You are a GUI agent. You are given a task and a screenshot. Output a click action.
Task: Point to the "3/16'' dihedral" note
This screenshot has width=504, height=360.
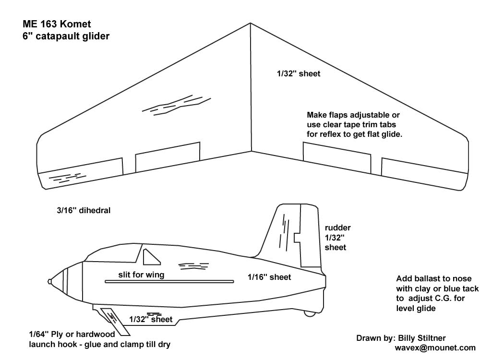pyautogui.click(x=83, y=210)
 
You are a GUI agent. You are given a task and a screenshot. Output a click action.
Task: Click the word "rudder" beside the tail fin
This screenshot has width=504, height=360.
pyautogui.click(x=337, y=228)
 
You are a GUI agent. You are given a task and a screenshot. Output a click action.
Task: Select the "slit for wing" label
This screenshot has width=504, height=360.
pyautogui.click(x=142, y=275)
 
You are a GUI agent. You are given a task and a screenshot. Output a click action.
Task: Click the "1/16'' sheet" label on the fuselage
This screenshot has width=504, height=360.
pyautogui.click(x=269, y=277)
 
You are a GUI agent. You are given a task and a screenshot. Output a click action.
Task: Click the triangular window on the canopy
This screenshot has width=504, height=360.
pyautogui.click(x=152, y=257)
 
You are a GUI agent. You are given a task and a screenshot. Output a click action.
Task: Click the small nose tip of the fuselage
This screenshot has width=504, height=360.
pyautogui.click(x=49, y=281)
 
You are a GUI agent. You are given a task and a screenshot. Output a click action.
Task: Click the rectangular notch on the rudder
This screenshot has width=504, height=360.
pyautogui.click(x=297, y=237)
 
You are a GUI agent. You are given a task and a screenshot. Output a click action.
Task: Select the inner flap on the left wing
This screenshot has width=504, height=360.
pyautogui.click(x=168, y=157)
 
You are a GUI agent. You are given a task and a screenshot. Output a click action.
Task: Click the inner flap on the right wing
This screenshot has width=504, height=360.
pyautogui.click(x=336, y=157)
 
